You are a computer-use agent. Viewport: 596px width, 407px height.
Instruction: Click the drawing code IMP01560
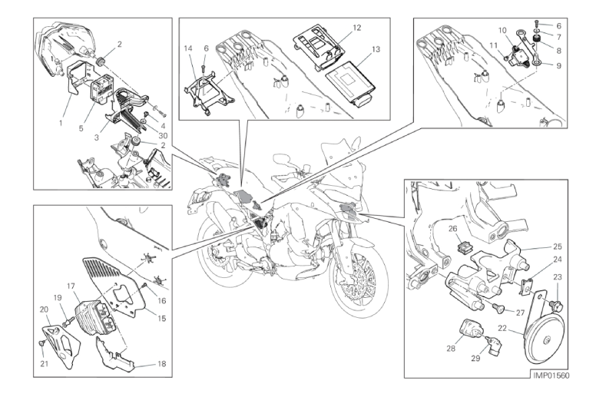coord(551,376)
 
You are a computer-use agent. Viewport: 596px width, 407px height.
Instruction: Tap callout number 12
coord(356,28)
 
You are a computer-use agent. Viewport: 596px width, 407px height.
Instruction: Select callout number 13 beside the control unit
coord(376,49)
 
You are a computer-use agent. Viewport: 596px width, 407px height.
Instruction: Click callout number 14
coord(188,48)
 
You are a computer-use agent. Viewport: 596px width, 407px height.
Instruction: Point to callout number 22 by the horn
coord(502,328)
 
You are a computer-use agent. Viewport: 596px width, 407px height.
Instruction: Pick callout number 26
coord(452,229)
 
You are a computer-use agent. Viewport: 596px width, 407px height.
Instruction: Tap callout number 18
coord(162,364)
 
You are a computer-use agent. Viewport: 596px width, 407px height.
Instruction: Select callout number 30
coord(164,136)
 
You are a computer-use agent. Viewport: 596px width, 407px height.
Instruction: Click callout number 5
coord(81,128)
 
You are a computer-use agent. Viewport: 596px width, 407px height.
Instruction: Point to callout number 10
coord(502,31)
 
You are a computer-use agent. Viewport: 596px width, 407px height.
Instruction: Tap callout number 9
coord(558,66)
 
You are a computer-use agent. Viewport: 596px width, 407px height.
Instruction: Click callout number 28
coord(451,348)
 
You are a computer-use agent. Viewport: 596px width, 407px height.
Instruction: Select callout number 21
coord(45,364)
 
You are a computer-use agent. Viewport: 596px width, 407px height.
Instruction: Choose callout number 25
coord(558,247)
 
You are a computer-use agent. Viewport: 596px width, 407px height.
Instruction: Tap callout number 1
coord(60,122)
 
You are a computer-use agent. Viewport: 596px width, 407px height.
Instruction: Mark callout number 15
coord(162,318)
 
